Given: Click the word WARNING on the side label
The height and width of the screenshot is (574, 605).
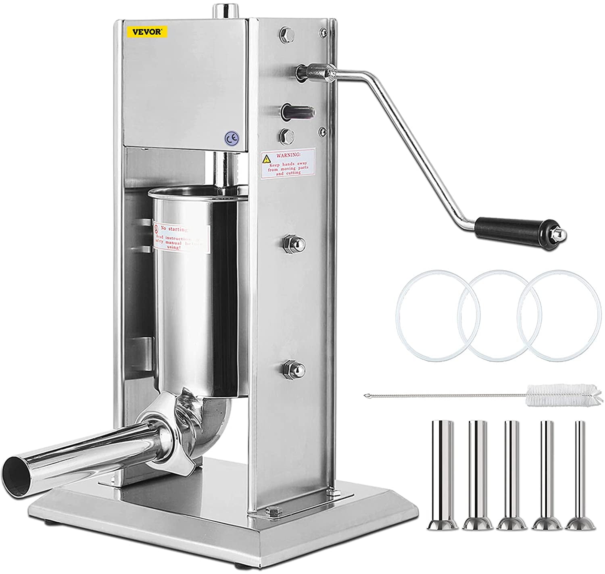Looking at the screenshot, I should [x=287, y=154].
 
